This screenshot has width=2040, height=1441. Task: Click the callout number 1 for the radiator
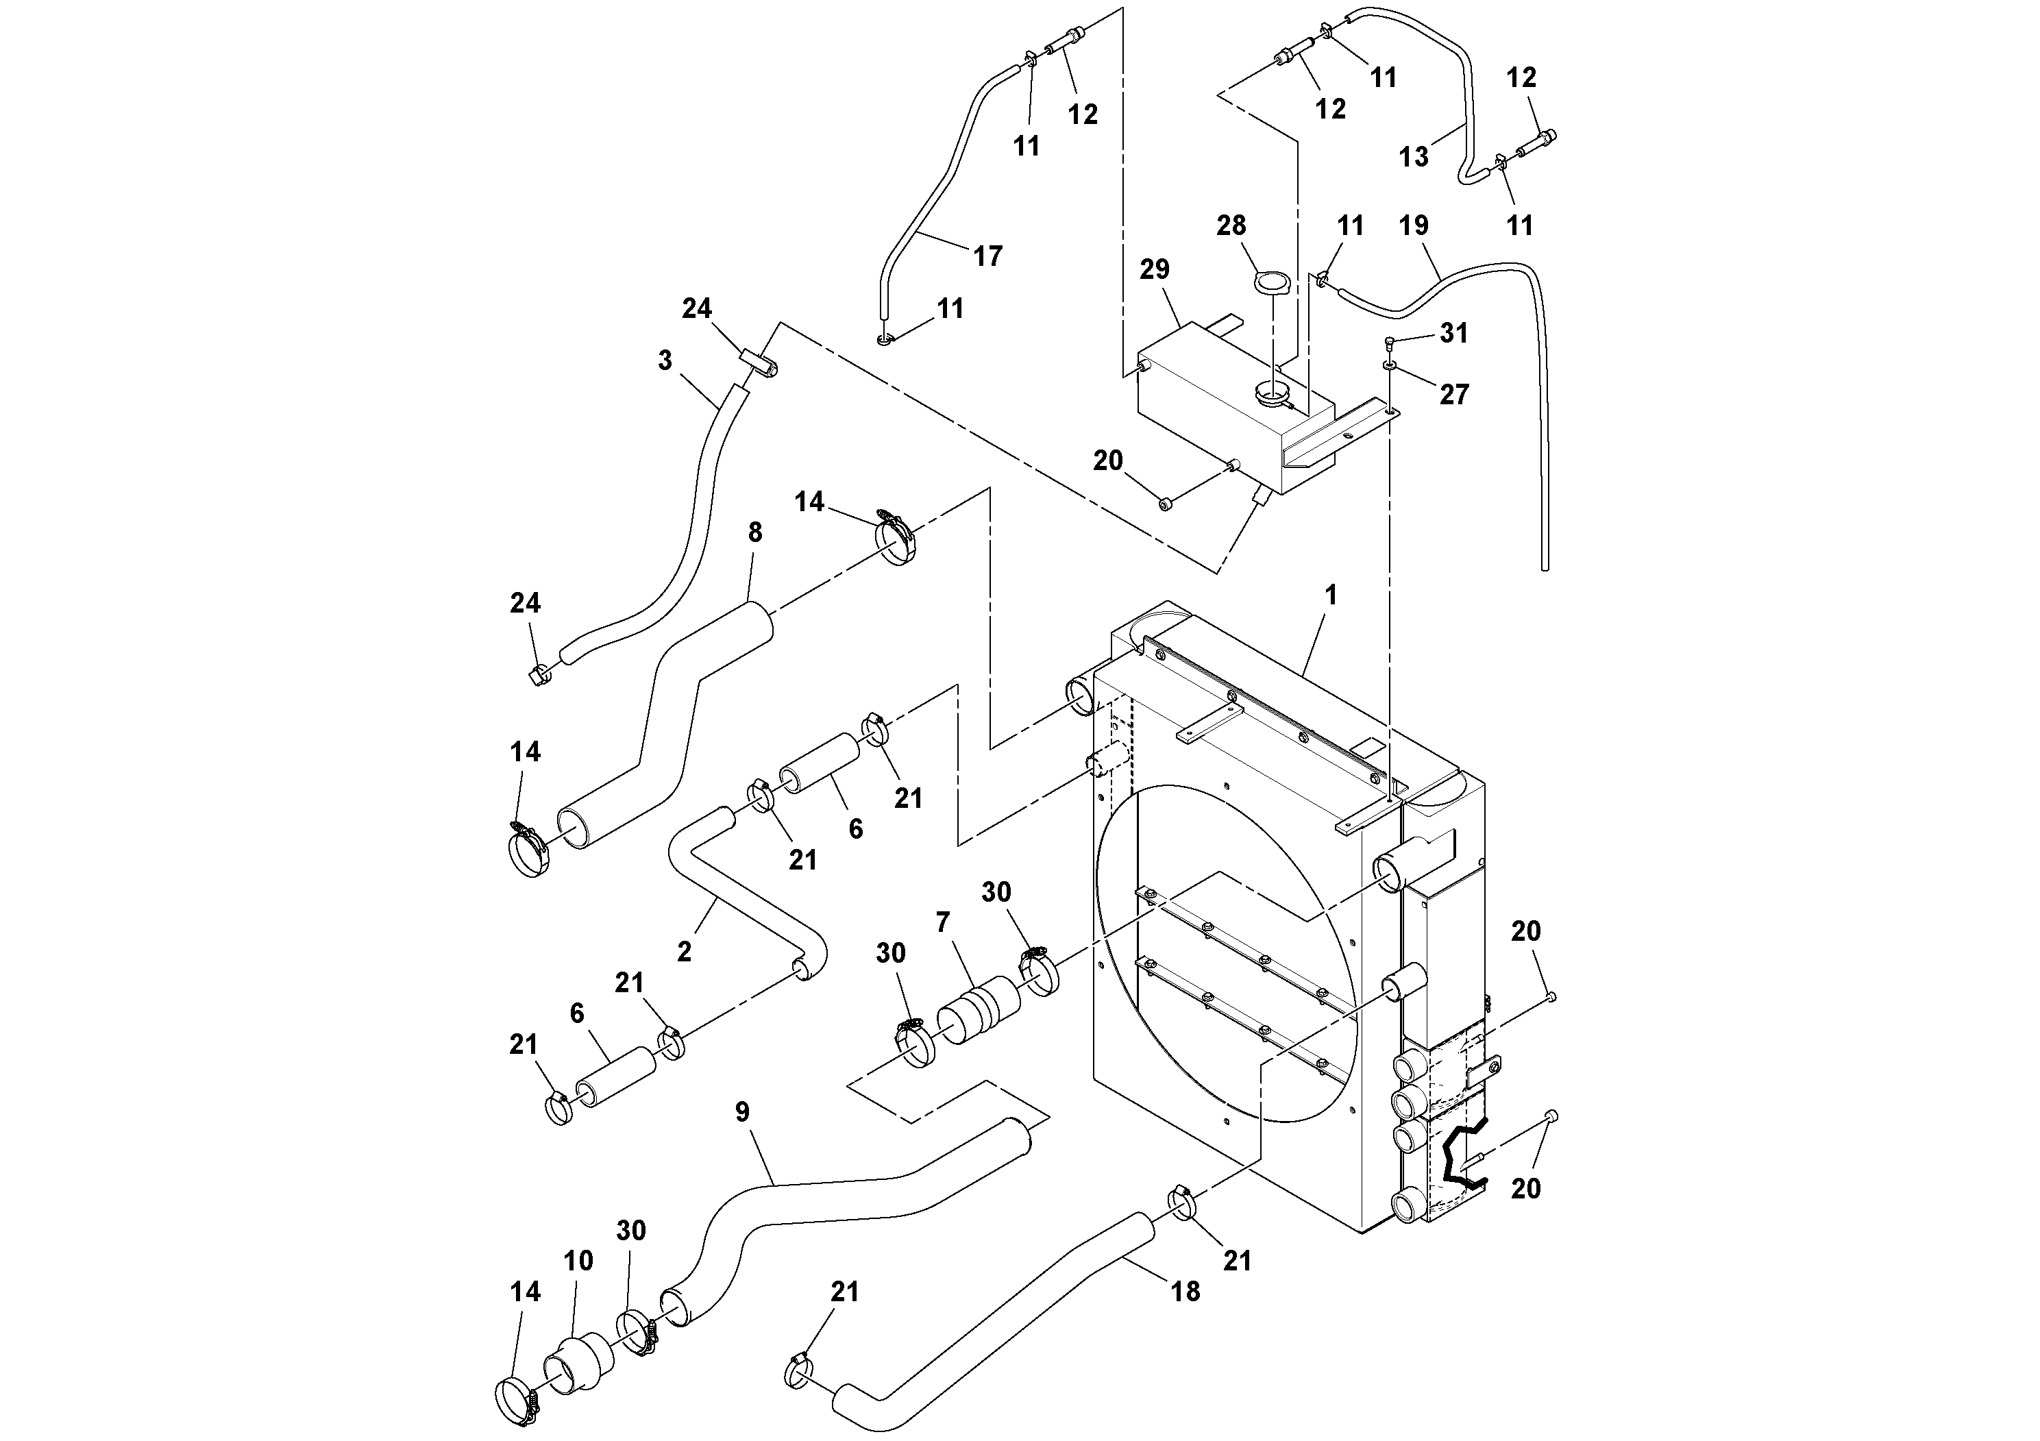tap(1330, 595)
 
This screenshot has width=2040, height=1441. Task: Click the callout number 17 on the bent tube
tap(987, 257)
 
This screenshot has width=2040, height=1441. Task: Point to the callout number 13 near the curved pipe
tap(1414, 157)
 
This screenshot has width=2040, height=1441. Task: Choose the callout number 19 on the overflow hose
tap(1414, 225)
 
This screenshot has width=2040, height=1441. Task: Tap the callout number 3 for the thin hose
tap(665, 360)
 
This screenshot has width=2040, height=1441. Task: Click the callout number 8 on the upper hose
tap(754, 532)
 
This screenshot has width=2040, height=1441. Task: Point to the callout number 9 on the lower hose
tap(742, 1111)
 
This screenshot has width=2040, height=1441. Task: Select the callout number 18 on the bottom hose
tap(1185, 1291)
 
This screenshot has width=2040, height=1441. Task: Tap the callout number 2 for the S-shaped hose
tap(683, 952)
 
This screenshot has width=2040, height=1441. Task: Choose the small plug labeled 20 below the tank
tap(1166, 504)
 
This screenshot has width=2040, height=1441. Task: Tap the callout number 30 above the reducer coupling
tap(631, 1231)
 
